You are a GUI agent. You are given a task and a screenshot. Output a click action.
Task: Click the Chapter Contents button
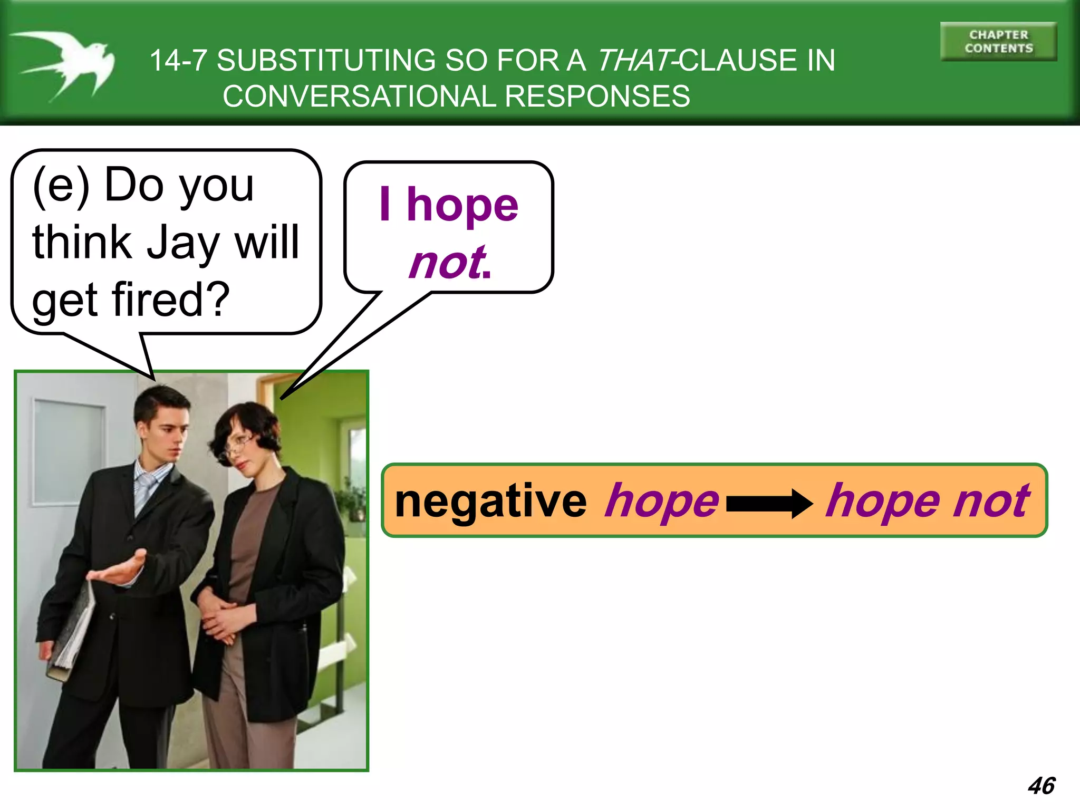tap(998, 42)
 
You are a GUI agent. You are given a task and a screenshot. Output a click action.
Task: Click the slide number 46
tap(1041, 786)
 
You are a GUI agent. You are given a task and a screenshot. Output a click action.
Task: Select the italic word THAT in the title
tap(635, 60)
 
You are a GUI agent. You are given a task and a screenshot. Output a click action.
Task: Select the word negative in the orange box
tap(490, 502)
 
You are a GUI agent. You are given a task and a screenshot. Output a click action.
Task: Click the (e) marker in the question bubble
tap(61, 186)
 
